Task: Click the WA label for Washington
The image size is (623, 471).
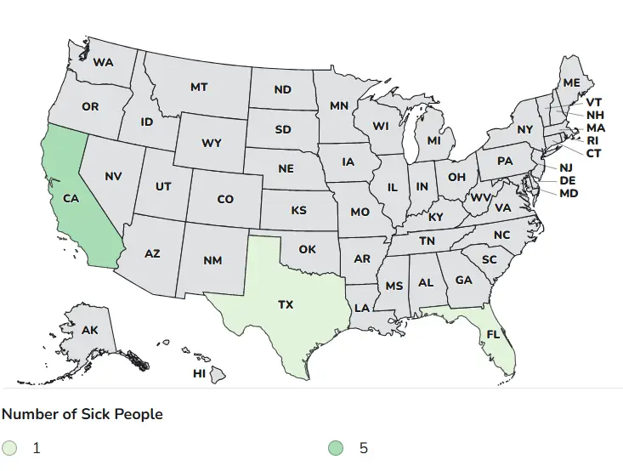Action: [x=104, y=62]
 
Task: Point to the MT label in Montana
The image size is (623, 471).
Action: [x=199, y=87]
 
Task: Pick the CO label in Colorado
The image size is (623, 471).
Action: [x=225, y=199]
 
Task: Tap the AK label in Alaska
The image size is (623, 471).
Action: [x=90, y=330]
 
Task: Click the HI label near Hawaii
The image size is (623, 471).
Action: [x=199, y=373]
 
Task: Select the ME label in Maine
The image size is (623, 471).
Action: [x=571, y=82]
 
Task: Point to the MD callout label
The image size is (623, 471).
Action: [x=569, y=193]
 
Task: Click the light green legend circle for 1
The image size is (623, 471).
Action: [x=9, y=448]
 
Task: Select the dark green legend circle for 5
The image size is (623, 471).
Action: [x=337, y=448]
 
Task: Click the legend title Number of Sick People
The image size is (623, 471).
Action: [x=82, y=414]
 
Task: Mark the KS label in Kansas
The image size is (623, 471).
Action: [x=299, y=210]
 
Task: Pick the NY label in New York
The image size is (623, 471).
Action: [x=524, y=129]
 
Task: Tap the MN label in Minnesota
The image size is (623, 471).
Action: [x=339, y=106]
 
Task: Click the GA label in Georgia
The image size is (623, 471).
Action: [x=463, y=280]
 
